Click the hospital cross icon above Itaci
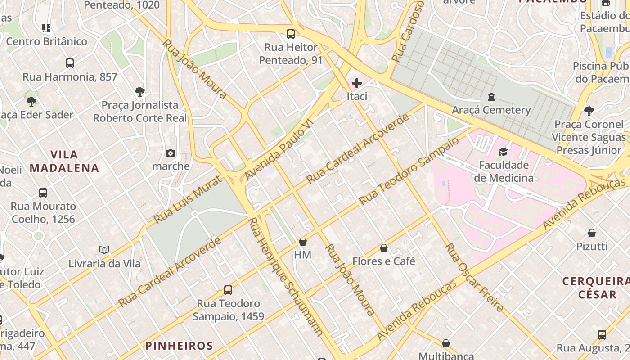click(x=357, y=83)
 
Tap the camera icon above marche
click(x=171, y=153)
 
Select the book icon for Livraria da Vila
click(x=104, y=250)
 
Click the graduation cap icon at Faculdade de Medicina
click(x=503, y=152)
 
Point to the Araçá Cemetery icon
click(x=491, y=97)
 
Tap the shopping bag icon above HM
click(x=303, y=242)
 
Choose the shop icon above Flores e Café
click(x=384, y=248)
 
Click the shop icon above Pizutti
click(x=592, y=233)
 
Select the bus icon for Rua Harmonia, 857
click(x=70, y=63)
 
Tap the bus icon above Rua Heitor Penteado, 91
click(x=291, y=34)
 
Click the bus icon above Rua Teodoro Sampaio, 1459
click(x=228, y=290)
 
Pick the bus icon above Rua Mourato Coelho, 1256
click(x=43, y=193)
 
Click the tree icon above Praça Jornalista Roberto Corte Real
click(x=140, y=92)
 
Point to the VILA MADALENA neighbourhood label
click(x=64, y=162)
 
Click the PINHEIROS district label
click(x=179, y=346)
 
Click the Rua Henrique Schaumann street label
click(x=286, y=277)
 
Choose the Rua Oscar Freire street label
click(x=474, y=278)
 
